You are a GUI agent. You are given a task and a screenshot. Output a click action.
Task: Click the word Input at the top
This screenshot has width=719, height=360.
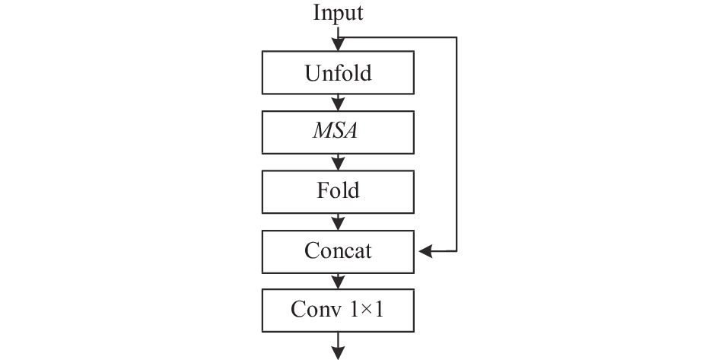tap(338, 13)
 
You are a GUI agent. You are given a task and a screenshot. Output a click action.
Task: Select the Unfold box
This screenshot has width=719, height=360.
tap(338, 72)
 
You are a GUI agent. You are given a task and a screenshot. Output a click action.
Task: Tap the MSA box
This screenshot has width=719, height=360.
tap(338, 132)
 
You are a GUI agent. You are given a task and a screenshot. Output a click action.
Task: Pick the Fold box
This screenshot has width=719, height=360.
tap(338, 192)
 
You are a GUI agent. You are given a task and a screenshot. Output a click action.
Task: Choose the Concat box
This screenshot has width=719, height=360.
tap(338, 252)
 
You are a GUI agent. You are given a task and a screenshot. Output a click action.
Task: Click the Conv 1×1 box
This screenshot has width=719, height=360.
tap(338, 311)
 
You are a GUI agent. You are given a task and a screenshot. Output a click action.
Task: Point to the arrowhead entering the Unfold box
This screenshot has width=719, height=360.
tap(338, 44)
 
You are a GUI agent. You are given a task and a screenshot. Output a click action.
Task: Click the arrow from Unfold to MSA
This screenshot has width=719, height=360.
tap(338, 102)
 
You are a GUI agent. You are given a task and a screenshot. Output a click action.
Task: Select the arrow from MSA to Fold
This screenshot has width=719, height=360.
tap(338, 162)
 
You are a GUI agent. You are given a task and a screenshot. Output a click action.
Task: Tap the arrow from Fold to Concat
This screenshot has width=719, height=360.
tap(338, 222)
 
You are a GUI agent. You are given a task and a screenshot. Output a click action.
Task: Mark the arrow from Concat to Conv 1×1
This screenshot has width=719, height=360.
tap(338, 281)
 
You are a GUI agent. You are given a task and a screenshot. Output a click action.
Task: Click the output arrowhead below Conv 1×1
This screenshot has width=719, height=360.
tap(338, 353)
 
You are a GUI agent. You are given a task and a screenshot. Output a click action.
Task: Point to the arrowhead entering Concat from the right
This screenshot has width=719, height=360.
tap(425, 251)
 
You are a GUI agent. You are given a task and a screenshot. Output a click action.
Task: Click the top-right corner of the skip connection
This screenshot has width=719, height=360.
tap(457, 37)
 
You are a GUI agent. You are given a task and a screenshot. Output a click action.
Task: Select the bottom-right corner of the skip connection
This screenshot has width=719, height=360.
tap(457, 251)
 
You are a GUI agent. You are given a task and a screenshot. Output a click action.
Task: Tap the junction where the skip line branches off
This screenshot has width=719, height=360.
tap(338, 37)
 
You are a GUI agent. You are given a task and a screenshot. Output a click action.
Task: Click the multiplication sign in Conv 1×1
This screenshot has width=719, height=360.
tap(365, 311)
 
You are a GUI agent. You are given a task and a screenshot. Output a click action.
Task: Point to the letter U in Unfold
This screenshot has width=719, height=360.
tap(313, 73)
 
